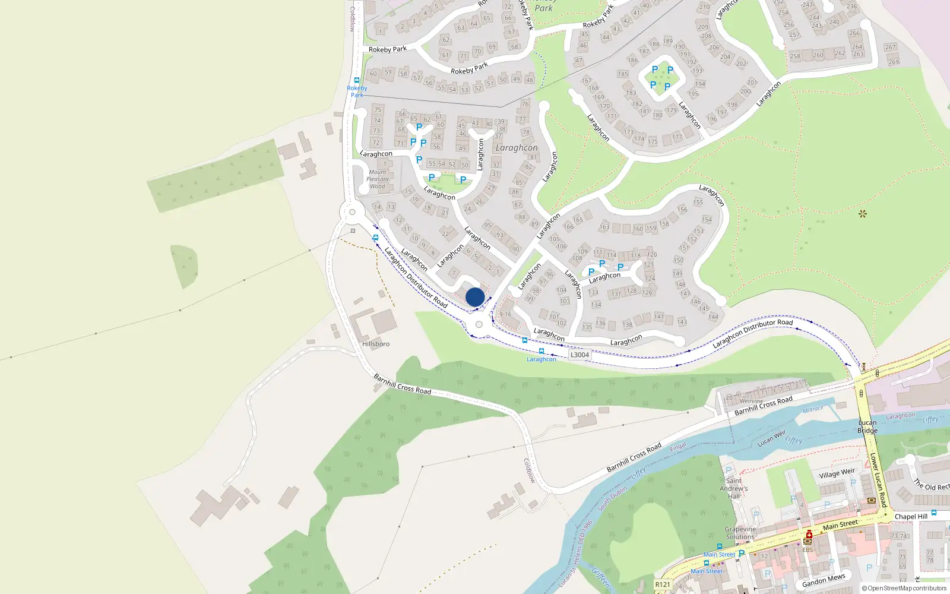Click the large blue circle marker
point(475,297)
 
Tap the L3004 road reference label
point(579,355)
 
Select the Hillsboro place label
point(376,344)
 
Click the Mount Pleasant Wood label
point(378,179)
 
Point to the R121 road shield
point(663,584)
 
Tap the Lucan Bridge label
point(867,426)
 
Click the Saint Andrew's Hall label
point(734,488)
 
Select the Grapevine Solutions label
point(740,533)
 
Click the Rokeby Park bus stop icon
point(357,80)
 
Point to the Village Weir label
point(837,473)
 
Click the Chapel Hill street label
point(910,517)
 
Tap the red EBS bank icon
point(808,535)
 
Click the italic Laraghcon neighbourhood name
point(517,148)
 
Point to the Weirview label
point(751,402)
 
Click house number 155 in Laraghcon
point(698,203)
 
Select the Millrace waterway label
point(813,409)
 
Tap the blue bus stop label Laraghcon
point(541,359)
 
